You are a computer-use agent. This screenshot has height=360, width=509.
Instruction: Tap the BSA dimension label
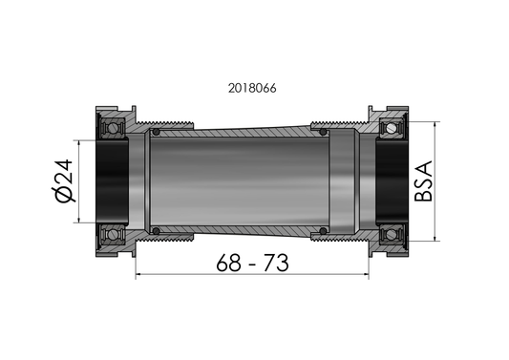click(x=424, y=180)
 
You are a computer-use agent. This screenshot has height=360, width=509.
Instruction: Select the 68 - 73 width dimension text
click(x=252, y=261)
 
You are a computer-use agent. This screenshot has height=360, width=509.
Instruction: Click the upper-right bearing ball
click(x=389, y=127)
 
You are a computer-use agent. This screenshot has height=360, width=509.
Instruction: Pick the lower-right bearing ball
click(x=389, y=234)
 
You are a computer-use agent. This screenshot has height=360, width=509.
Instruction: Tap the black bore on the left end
click(x=113, y=180)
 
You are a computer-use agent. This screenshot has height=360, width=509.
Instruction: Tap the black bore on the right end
click(x=392, y=180)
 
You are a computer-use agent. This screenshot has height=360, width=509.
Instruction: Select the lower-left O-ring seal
click(x=153, y=229)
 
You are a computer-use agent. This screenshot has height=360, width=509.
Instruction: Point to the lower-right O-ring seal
click(x=325, y=229)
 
